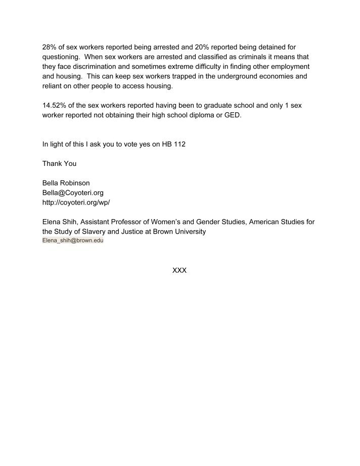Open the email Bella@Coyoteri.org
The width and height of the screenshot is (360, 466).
click(x=73, y=193)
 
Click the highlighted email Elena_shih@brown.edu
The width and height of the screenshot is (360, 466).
click(x=73, y=241)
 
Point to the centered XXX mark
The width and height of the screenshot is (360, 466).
click(x=179, y=270)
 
